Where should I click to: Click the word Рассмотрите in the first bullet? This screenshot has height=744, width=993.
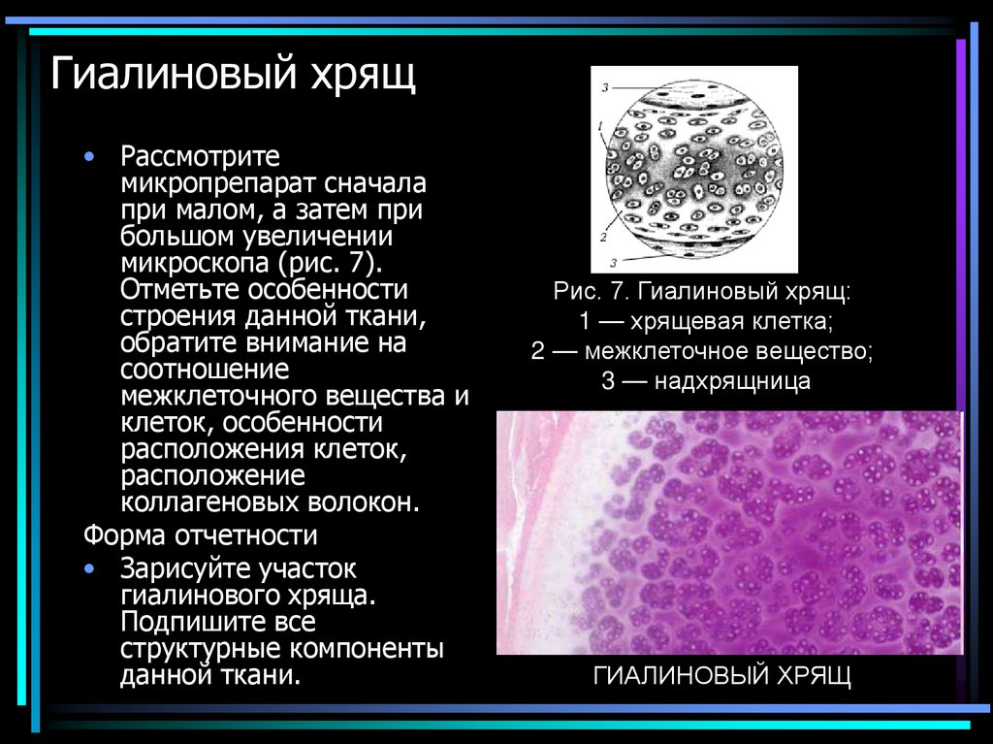tap(200, 156)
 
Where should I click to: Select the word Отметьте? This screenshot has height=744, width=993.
tap(180, 290)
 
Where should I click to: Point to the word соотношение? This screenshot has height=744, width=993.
tap(204, 370)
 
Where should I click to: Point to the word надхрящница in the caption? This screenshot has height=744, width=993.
tap(732, 381)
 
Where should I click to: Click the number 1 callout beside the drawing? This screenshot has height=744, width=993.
tap(601, 126)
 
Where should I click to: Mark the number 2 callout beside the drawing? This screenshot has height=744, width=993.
tap(602, 237)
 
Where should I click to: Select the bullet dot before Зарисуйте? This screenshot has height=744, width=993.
tap(90, 568)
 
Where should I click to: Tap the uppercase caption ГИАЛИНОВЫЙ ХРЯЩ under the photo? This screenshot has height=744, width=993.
tap(721, 676)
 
